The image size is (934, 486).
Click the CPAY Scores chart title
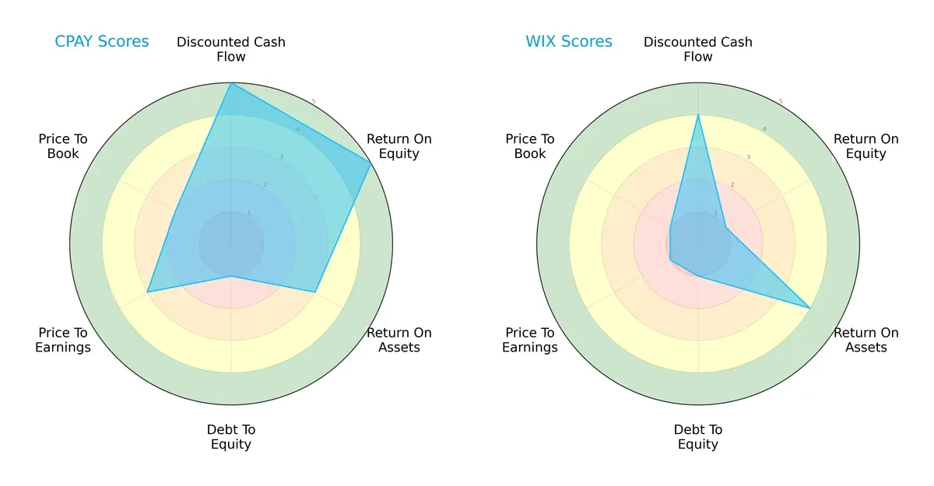point(101,41)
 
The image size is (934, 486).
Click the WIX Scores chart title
point(568,41)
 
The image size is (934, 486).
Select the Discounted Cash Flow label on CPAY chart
point(231,49)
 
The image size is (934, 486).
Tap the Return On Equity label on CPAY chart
point(399,146)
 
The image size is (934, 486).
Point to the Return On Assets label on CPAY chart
point(399,340)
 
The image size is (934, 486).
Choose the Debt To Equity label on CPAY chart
point(231,437)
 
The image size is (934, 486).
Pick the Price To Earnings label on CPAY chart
point(63,340)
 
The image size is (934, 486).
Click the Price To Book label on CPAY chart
point(63,146)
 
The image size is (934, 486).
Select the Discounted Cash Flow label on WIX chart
point(698,49)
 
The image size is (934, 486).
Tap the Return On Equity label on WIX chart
point(866,146)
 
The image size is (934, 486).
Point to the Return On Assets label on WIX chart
point(866,340)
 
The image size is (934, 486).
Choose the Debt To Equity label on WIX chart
point(698,437)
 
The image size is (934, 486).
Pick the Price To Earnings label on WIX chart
point(530,340)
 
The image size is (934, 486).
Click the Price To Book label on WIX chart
point(530,146)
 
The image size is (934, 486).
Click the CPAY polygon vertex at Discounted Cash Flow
point(231,83)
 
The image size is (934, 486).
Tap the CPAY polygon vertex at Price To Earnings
point(148,292)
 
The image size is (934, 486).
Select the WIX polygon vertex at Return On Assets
point(810,309)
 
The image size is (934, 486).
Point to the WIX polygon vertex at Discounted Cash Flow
point(698,115)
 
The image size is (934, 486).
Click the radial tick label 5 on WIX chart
point(781,101)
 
